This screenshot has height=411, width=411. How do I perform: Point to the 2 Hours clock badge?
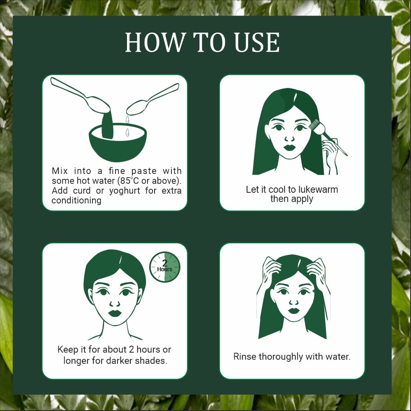[165, 267]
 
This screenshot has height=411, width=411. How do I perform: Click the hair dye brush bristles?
[316, 126]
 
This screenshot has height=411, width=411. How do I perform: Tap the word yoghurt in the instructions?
[125, 191]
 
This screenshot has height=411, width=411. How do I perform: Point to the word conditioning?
[76, 201]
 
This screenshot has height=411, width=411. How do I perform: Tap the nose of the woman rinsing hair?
[294, 302]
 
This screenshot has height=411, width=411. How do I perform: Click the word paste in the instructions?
[144, 171]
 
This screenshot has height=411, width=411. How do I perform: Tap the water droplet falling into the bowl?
[127, 132]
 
